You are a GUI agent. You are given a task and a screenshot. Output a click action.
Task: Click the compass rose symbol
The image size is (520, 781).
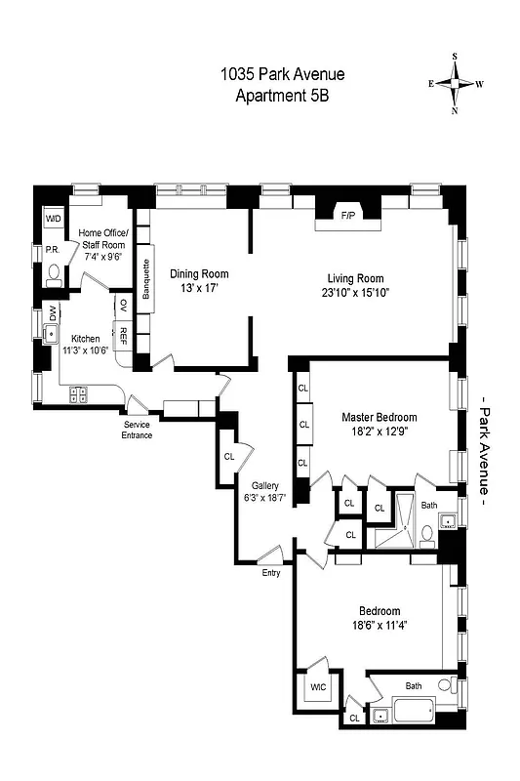pos(455,84)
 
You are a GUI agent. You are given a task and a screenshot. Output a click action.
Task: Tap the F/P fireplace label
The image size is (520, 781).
pos(346,215)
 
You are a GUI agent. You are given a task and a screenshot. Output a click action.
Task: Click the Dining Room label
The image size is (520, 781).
pos(199,274)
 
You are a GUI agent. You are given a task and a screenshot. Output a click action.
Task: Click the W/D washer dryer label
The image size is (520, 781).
pos(53,218)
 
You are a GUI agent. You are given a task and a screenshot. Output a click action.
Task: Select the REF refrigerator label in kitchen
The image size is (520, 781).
pos(124,338)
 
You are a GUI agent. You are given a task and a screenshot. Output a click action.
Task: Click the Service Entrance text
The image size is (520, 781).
pos(137,430)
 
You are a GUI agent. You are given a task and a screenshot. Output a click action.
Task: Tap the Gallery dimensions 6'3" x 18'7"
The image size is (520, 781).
pos(265,499)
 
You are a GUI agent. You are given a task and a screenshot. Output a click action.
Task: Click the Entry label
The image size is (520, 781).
pos(270,573)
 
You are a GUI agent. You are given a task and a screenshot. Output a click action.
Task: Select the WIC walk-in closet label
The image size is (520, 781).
pos(318,686)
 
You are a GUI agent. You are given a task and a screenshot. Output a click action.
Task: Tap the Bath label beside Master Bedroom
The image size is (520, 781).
pos(430,505)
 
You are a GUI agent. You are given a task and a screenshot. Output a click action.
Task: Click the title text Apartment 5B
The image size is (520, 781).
pos(282,95)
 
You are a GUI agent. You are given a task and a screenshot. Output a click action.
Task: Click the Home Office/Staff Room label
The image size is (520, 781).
pos(102,238)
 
